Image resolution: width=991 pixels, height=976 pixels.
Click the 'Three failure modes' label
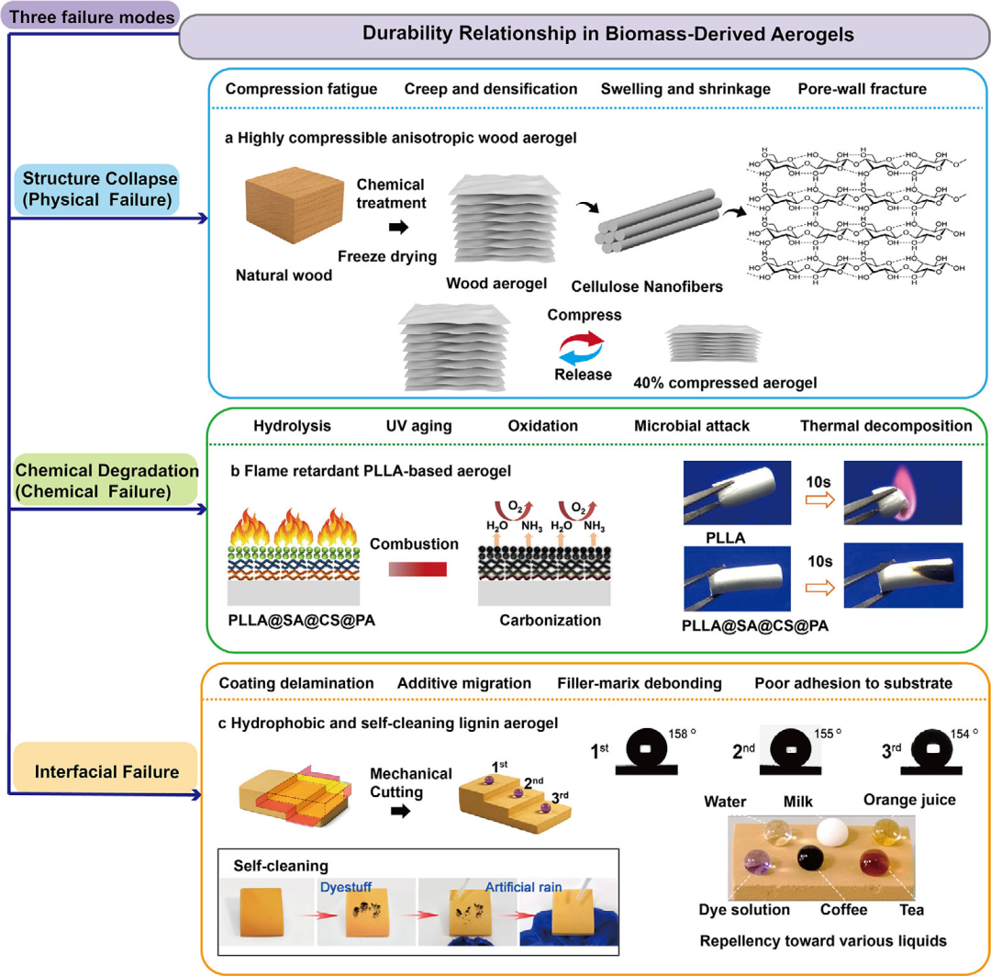(92, 17)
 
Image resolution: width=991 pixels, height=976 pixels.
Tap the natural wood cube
(294, 205)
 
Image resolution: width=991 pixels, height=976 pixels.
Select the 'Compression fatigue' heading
(302, 88)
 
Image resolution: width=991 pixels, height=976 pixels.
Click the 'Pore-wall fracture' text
(862, 88)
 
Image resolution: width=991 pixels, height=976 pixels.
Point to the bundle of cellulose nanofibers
(658, 220)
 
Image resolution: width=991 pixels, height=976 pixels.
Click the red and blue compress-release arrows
(582, 348)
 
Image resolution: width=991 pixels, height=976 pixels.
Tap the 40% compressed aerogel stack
(714, 343)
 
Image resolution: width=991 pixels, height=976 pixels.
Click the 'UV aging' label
(419, 426)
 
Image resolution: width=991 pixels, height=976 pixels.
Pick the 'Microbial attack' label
(692, 426)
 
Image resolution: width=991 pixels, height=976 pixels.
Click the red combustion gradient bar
(418, 568)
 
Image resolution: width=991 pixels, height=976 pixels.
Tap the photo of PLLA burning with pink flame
(903, 493)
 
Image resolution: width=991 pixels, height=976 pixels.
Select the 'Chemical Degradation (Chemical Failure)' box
(106, 480)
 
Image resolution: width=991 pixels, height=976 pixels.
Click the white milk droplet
(831, 831)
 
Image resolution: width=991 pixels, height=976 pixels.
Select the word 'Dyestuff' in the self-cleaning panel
(346, 887)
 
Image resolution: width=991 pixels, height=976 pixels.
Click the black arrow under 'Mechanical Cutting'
(401, 811)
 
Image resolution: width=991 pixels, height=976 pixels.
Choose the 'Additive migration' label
(464, 683)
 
